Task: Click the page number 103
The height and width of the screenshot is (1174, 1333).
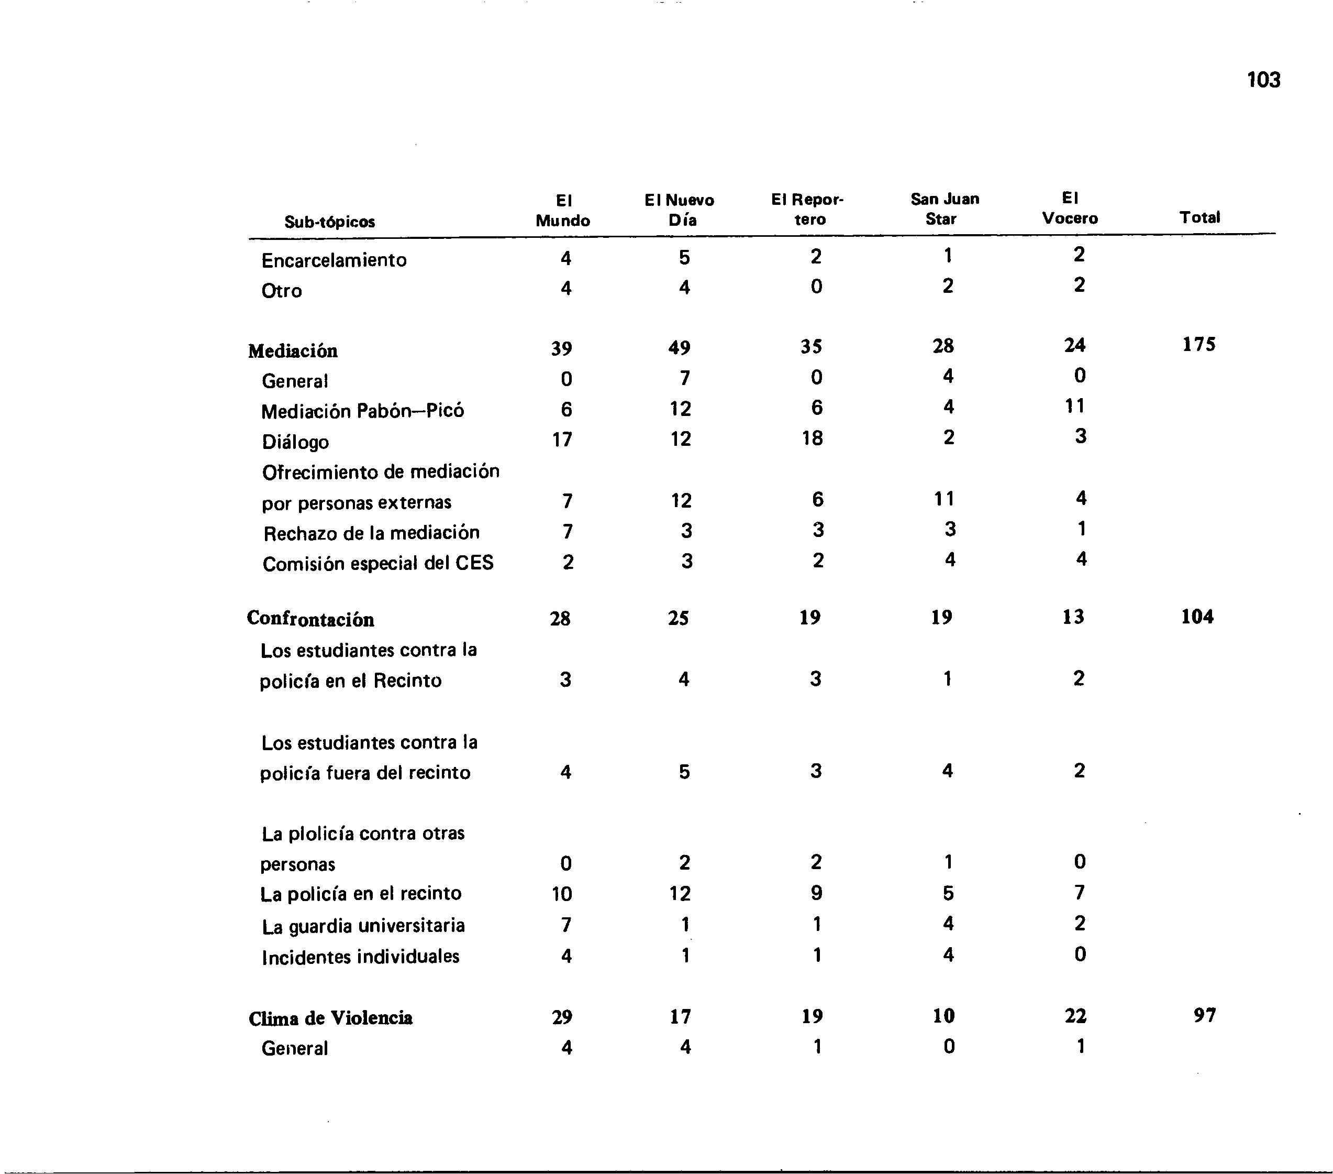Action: (x=1263, y=80)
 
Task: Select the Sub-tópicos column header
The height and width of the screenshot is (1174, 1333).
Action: (x=329, y=222)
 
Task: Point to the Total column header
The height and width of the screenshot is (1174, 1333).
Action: (x=1199, y=217)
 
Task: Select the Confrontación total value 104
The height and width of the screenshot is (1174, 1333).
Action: (x=1197, y=617)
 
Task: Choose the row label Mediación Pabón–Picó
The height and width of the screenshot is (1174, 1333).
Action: (x=363, y=411)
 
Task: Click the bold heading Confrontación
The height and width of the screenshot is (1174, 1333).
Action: (x=310, y=619)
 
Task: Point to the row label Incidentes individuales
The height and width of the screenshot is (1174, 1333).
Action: (x=361, y=957)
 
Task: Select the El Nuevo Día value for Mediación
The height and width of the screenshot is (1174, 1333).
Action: (x=679, y=348)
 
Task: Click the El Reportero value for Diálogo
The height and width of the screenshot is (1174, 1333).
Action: (x=813, y=438)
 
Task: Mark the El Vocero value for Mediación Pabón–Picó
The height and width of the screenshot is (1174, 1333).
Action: (x=1075, y=407)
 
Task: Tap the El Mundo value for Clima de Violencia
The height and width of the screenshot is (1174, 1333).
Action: (x=562, y=1017)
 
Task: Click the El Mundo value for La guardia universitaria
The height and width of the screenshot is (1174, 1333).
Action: (x=566, y=925)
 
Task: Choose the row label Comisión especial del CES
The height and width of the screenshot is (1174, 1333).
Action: (x=377, y=563)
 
